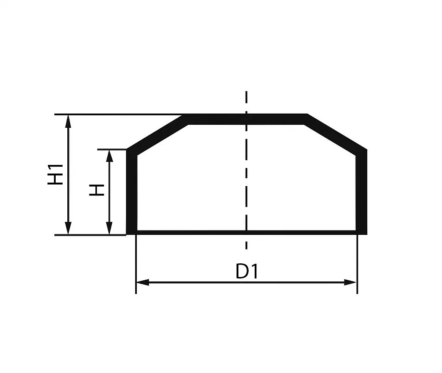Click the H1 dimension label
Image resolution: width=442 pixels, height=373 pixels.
pos(56,175)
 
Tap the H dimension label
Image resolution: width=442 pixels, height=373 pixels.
pos(97,190)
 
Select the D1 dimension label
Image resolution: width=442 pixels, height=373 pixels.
pos(247,272)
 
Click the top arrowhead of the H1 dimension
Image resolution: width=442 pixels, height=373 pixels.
pos(68,121)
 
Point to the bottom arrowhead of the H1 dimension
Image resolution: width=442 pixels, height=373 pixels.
pos(68,228)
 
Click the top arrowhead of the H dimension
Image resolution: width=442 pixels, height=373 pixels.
pos(109,156)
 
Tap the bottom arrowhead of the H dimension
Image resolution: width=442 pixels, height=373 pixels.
pos(109,228)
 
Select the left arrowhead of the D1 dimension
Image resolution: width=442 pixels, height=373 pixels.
pos(142,282)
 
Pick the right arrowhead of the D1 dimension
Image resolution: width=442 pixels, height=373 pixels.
pos(350,282)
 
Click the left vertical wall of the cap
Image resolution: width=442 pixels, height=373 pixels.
pos(131,192)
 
